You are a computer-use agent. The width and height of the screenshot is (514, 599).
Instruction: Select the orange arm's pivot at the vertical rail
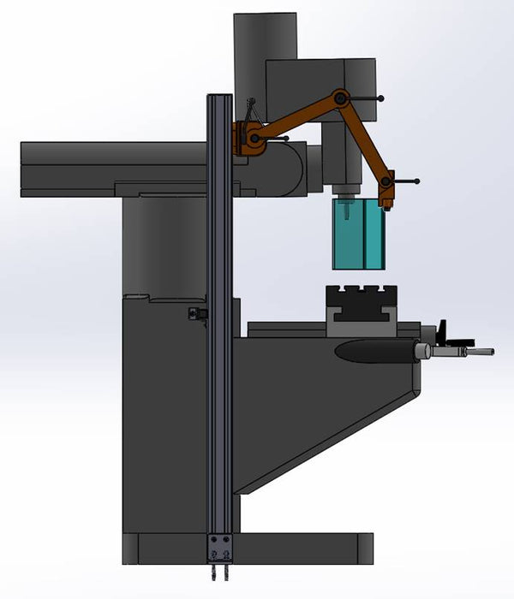click(x=254, y=137)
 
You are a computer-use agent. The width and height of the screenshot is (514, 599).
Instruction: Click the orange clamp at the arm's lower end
click(x=387, y=188)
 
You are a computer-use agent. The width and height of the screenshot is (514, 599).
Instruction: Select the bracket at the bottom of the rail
click(x=220, y=548)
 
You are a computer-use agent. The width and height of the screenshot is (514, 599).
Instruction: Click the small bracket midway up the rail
click(x=198, y=314)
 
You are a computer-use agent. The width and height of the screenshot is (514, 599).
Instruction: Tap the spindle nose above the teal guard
click(x=346, y=189)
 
